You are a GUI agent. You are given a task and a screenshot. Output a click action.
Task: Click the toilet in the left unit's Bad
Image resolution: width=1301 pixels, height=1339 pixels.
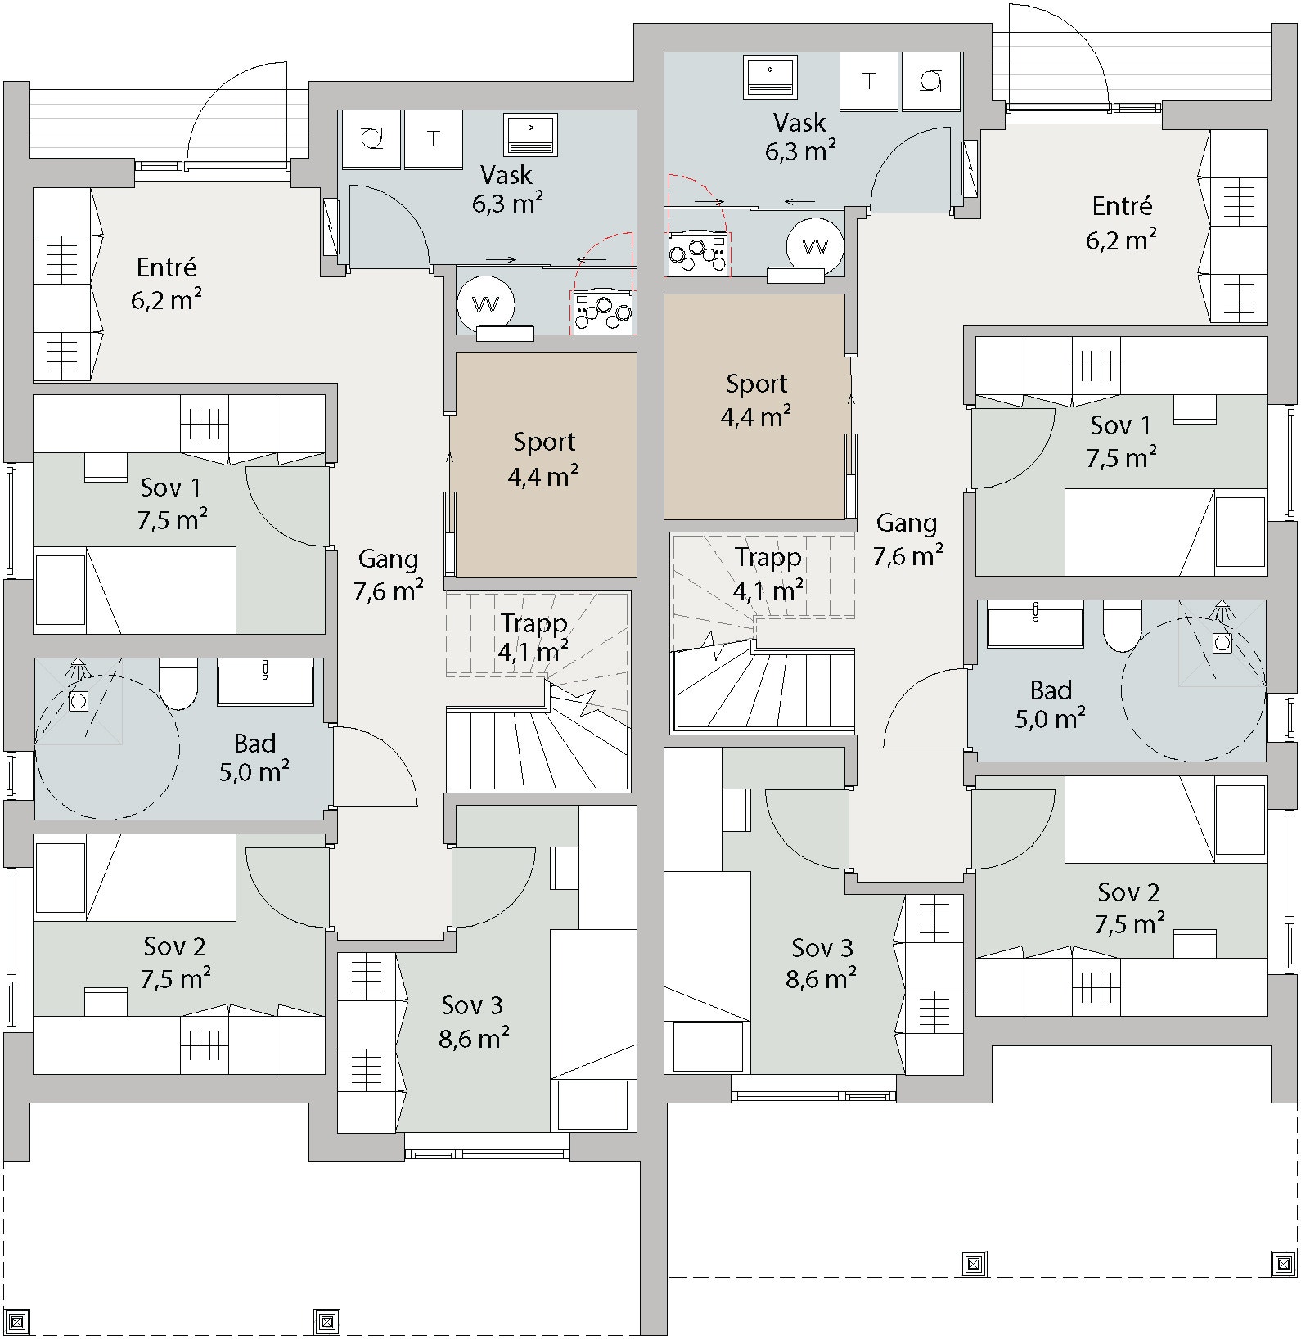coord(178,684)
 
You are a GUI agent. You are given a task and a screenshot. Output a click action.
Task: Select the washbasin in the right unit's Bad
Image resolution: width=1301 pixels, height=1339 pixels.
coord(1035,625)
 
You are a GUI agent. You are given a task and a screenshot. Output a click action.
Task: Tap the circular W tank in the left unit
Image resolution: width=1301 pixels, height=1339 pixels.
coord(486,305)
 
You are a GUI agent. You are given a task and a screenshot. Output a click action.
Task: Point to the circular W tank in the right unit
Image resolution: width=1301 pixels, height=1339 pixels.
coord(815,246)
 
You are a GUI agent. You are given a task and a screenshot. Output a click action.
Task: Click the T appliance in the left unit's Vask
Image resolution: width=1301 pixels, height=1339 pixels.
coord(433,140)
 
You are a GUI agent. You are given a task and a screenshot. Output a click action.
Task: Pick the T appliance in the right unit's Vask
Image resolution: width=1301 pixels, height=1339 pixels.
coord(868,81)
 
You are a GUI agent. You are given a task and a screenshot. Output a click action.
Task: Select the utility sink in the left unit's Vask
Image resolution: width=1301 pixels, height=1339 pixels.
coord(531,134)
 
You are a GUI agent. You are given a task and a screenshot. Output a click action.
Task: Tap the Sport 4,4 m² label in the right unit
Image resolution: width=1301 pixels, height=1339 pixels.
coord(756,401)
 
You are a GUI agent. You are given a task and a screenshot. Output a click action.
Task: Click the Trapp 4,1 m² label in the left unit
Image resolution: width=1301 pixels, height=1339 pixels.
coord(534,637)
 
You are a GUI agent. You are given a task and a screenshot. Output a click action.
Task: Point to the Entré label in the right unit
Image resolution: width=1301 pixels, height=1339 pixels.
coord(1122,206)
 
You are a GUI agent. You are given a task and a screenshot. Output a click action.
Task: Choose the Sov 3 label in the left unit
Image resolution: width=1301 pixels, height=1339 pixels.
coord(472,1005)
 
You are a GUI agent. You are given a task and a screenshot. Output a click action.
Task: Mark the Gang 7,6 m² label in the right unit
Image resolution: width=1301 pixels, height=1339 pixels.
coord(907,540)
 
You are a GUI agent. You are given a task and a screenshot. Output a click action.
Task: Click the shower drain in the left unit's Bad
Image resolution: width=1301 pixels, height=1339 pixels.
coord(79,701)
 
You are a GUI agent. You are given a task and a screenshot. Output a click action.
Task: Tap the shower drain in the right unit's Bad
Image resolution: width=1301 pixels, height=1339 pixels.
coord(1222,643)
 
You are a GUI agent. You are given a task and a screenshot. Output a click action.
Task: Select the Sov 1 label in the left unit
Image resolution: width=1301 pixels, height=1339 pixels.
coord(170,488)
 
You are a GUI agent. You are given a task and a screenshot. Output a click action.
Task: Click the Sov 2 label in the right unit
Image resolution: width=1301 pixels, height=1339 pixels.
coord(1128,892)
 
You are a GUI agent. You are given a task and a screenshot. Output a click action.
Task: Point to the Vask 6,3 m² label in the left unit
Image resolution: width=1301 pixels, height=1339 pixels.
coord(507,189)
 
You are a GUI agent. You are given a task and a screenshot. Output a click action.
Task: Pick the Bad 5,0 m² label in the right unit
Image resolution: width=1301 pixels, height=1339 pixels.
coord(1051,704)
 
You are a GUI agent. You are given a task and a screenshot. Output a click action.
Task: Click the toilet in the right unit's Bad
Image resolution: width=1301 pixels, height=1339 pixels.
coord(1123,626)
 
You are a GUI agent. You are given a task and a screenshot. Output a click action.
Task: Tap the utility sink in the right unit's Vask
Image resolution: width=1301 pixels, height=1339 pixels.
coord(771,75)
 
